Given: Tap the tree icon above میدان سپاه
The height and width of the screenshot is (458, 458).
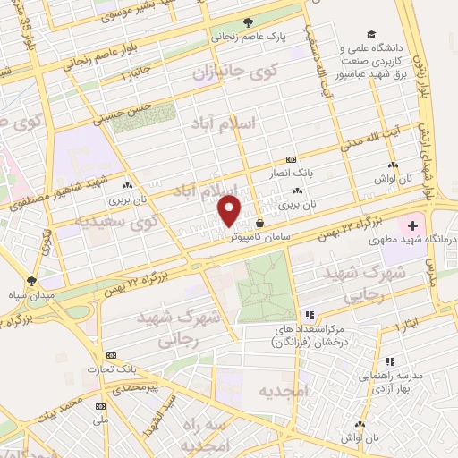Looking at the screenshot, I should (x=32, y=279).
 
